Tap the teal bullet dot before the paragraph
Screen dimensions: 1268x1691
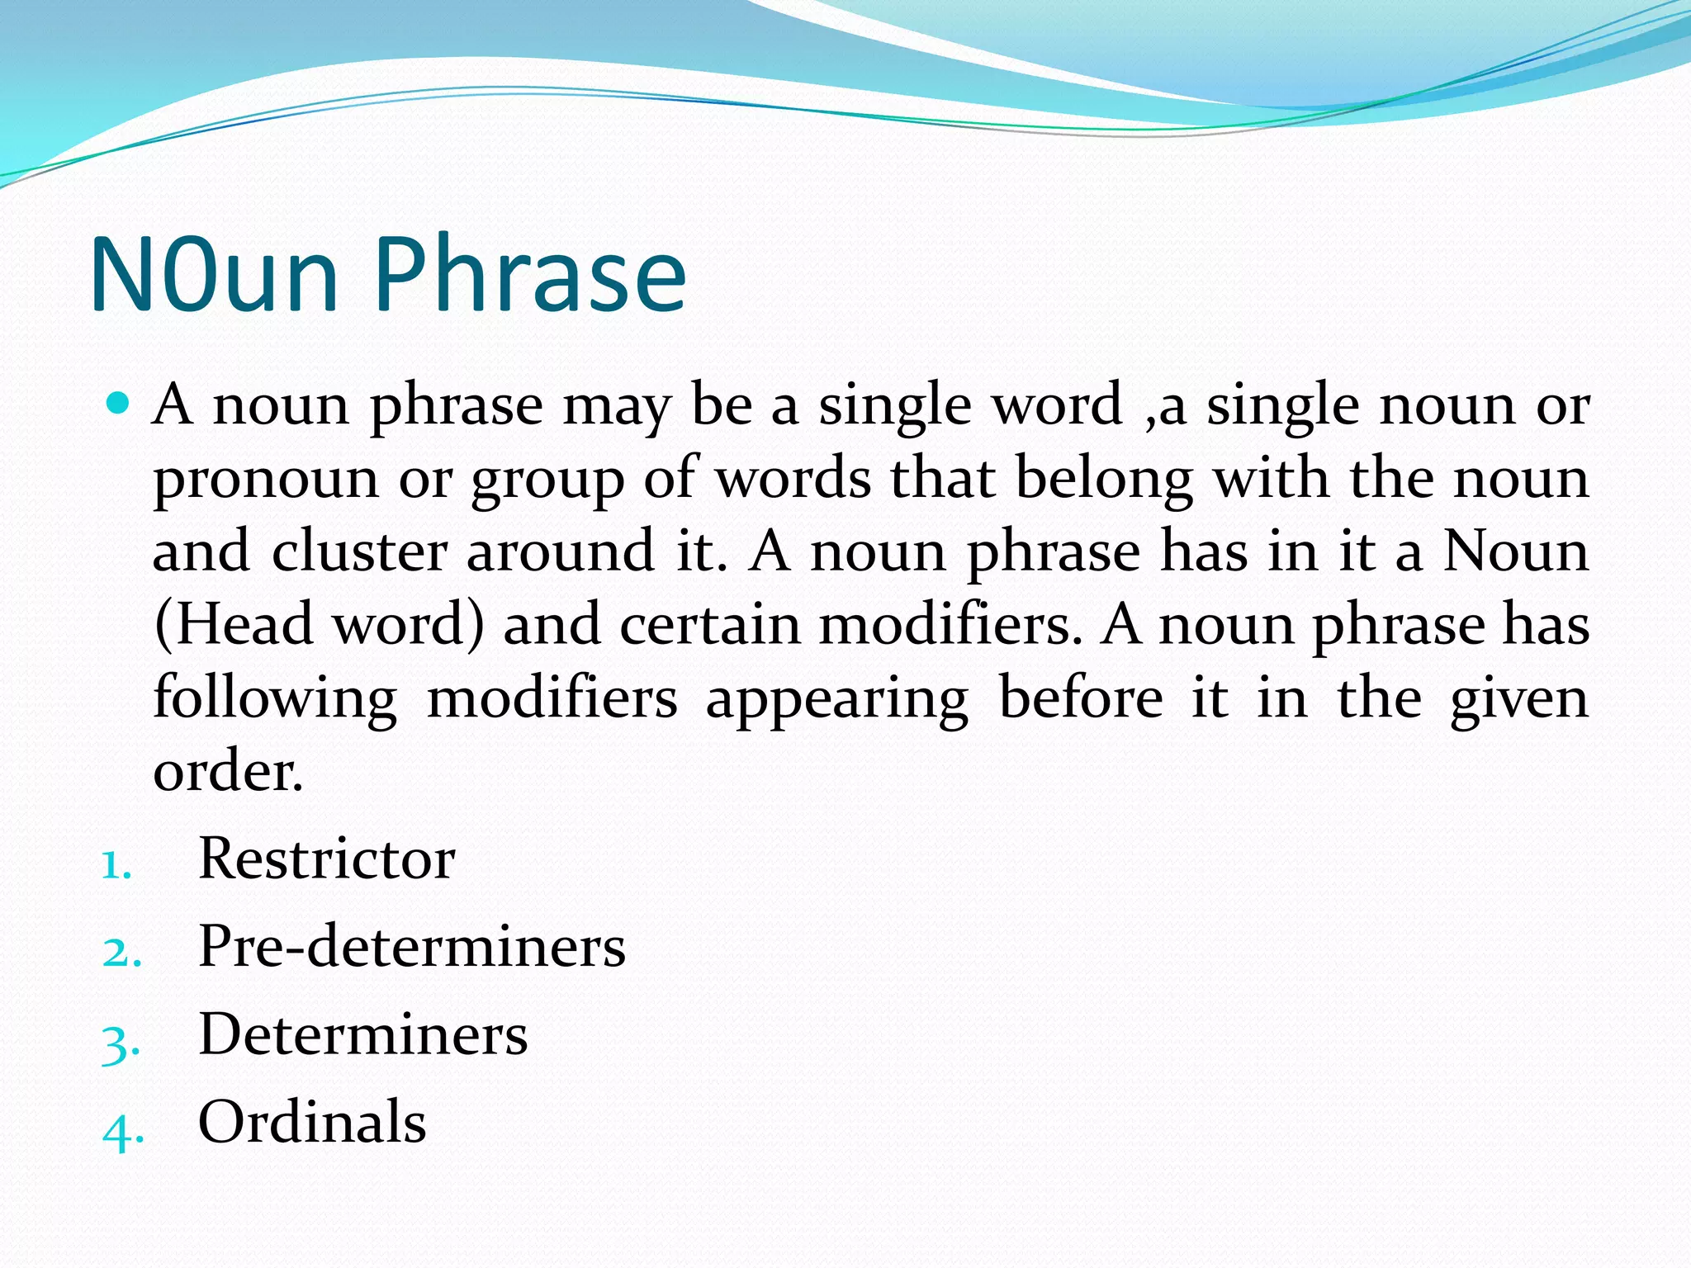[119, 404]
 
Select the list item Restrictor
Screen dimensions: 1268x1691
[327, 859]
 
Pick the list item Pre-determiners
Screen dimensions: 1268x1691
[412, 946]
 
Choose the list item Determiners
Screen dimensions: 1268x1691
[363, 1034]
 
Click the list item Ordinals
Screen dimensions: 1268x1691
[312, 1122]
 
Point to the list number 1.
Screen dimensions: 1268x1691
[116, 866]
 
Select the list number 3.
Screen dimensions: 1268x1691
[121, 1043]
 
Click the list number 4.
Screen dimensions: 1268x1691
[122, 1131]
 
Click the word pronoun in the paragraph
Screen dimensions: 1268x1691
[266, 479]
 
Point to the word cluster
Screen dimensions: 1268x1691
[359, 551]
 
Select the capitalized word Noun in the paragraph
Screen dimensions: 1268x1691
[1516, 551]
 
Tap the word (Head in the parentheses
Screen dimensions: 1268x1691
[234, 624]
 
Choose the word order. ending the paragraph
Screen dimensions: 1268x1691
[228, 771]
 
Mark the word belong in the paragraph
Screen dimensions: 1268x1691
[1104, 479]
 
